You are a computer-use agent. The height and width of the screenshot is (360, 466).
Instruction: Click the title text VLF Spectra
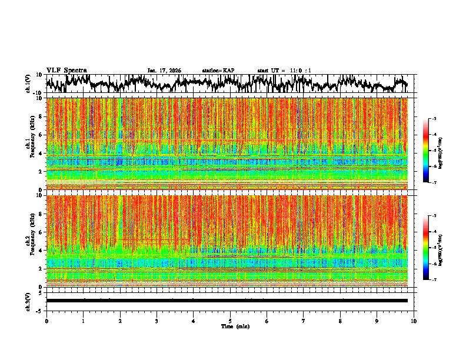pos(66,70)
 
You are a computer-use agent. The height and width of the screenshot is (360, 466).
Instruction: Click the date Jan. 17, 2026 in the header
pos(164,71)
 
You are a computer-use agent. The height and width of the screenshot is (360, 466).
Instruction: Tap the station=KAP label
pos(218,71)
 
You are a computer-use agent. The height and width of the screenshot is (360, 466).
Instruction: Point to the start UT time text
pos(284,71)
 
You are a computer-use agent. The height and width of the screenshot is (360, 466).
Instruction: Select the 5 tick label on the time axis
pos(230,321)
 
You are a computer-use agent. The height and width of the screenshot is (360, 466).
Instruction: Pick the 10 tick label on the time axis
pos(414,321)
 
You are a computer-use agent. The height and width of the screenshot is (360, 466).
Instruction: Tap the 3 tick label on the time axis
pos(157,321)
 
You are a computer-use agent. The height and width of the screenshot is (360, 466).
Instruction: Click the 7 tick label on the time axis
pos(304,321)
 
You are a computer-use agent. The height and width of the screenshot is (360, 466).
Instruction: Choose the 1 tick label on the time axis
pos(83,321)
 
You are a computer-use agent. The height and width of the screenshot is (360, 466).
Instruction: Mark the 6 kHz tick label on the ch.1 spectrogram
pos(39,135)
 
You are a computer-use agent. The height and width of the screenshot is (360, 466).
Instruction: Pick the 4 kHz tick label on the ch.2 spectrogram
pos(39,251)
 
